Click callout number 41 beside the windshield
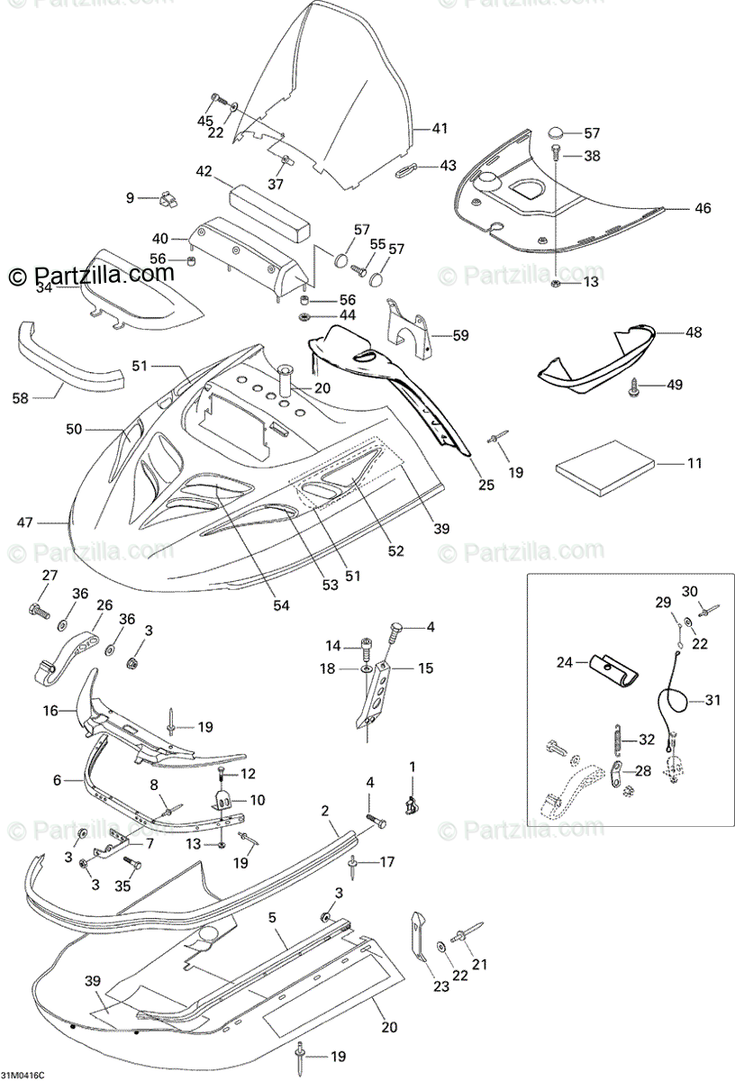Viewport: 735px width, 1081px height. click(439, 129)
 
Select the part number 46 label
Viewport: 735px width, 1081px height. click(703, 208)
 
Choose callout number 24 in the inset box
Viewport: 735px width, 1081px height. click(565, 662)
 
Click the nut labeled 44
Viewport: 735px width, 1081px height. click(304, 316)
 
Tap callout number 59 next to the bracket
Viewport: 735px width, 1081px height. click(460, 336)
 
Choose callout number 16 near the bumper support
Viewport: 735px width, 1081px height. click(50, 711)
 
